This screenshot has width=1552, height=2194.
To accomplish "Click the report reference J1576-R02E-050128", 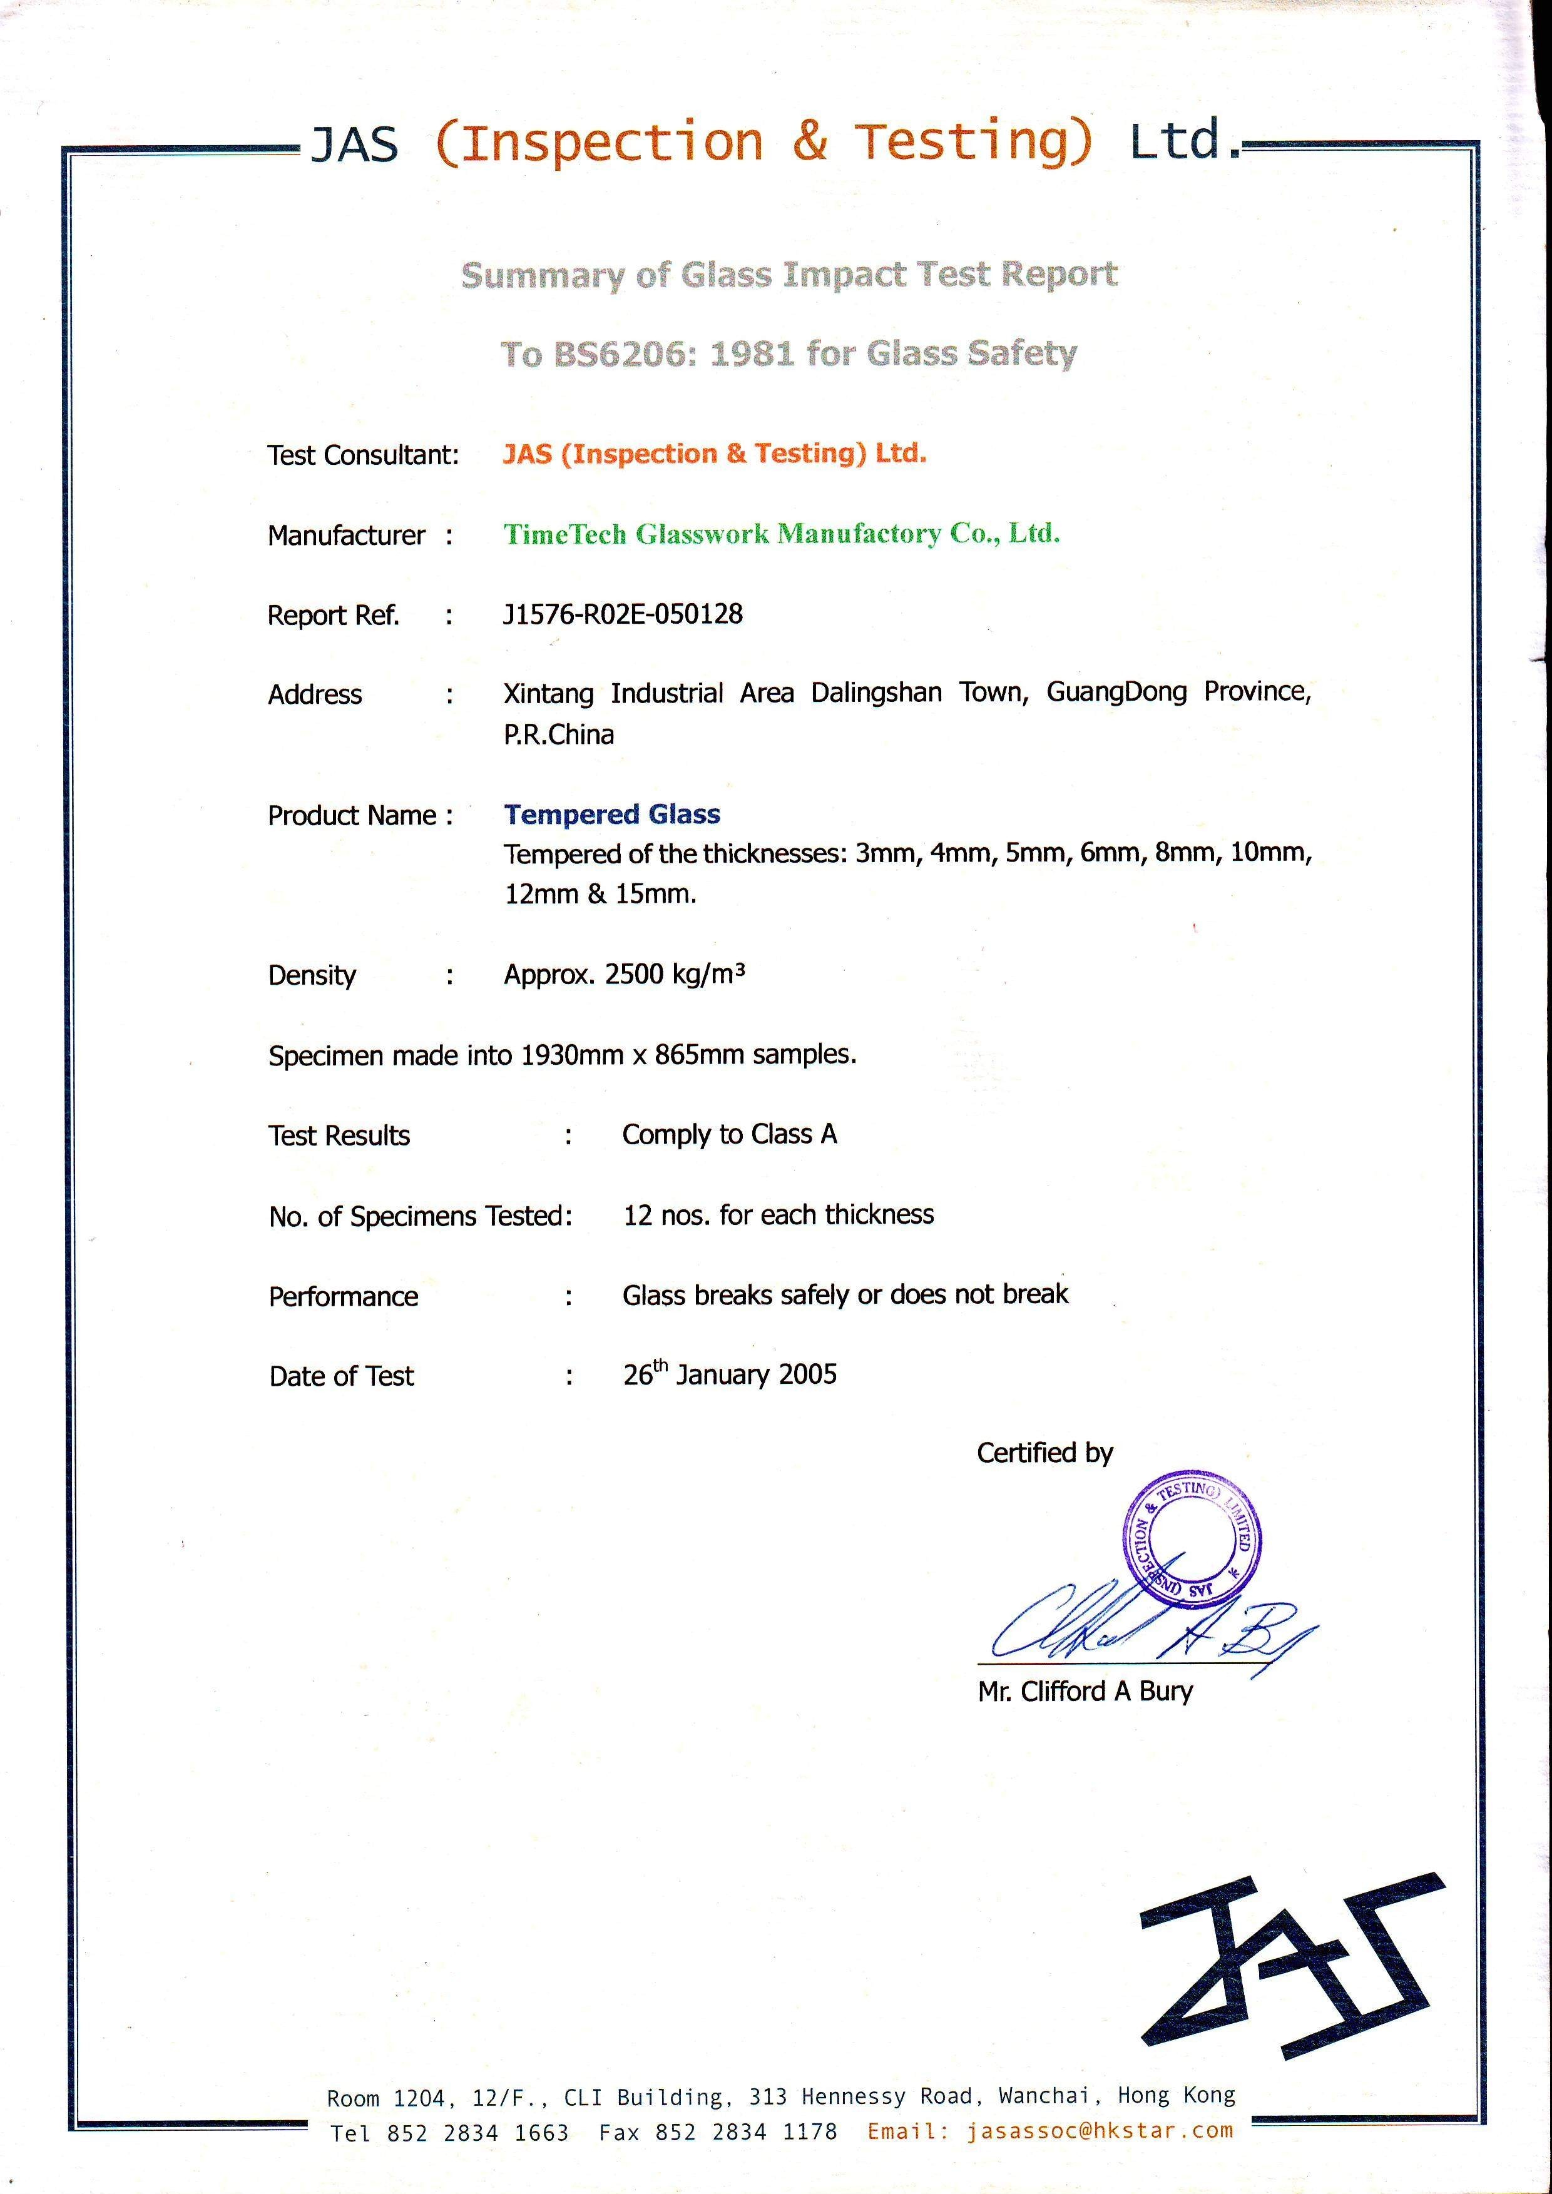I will pyautogui.click(x=622, y=614).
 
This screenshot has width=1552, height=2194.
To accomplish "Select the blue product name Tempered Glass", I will pyautogui.click(x=611, y=813).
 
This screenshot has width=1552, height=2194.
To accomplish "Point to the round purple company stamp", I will pyautogui.click(x=1191, y=1540).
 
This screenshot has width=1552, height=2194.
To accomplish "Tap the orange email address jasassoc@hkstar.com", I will pyautogui.click(x=1099, y=2130).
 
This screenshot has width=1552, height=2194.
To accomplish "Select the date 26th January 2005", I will pyautogui.click(x=729, y=1374).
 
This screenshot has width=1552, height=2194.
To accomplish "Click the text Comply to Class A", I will pyautogui.click(x=729, y=1134).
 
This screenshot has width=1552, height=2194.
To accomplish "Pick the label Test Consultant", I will pyautogui.click(x=363, y=455).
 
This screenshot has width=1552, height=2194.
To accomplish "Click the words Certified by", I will pyautogui.click(x=1044, y=1453).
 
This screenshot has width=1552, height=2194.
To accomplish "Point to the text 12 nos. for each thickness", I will pyautogui.click(x=778, y=1214).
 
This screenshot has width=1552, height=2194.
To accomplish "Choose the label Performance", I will pyautogui.click(x=343, y=1297).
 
